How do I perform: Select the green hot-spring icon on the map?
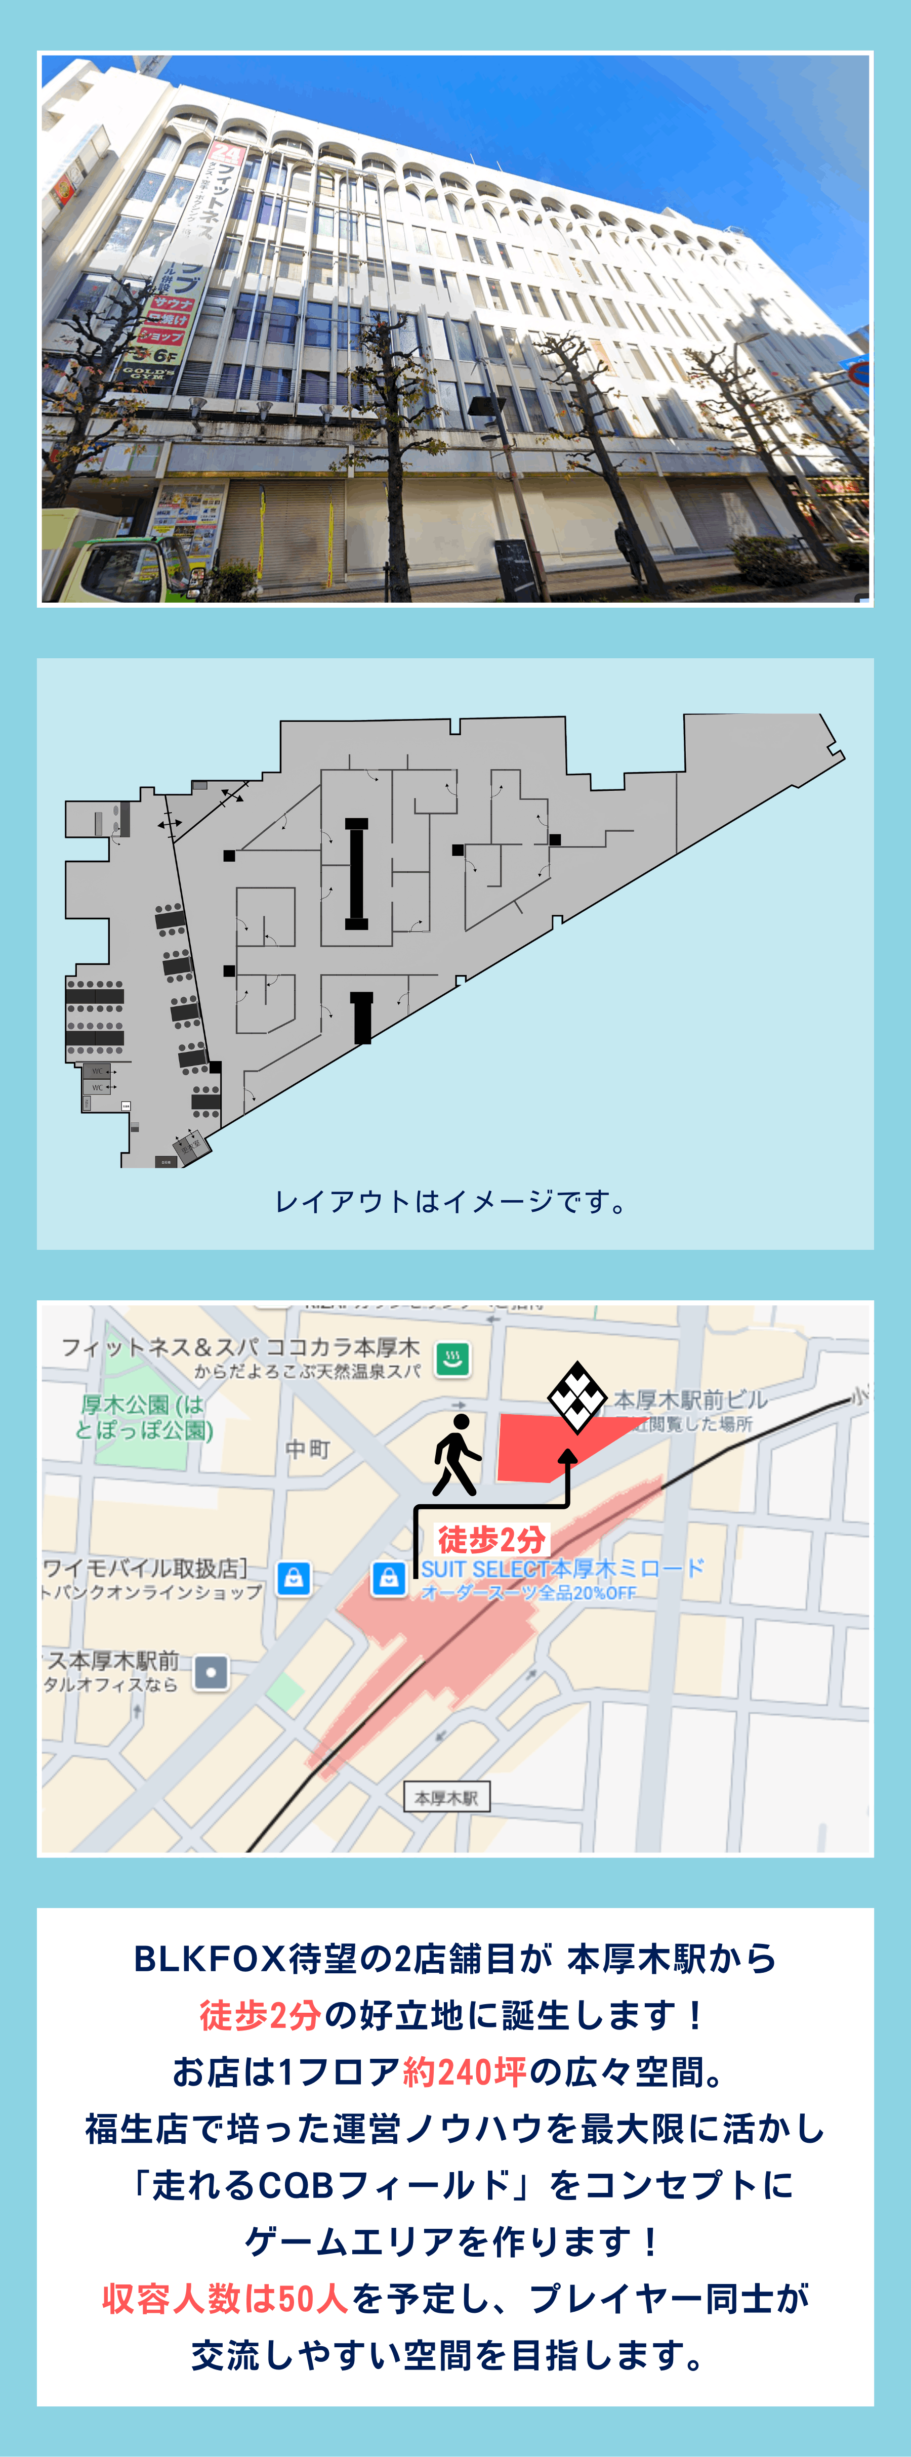tap(453, 1358)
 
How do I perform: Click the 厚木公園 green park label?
tap(143, 1416)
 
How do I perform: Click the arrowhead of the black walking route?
tap(567, 1457)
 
